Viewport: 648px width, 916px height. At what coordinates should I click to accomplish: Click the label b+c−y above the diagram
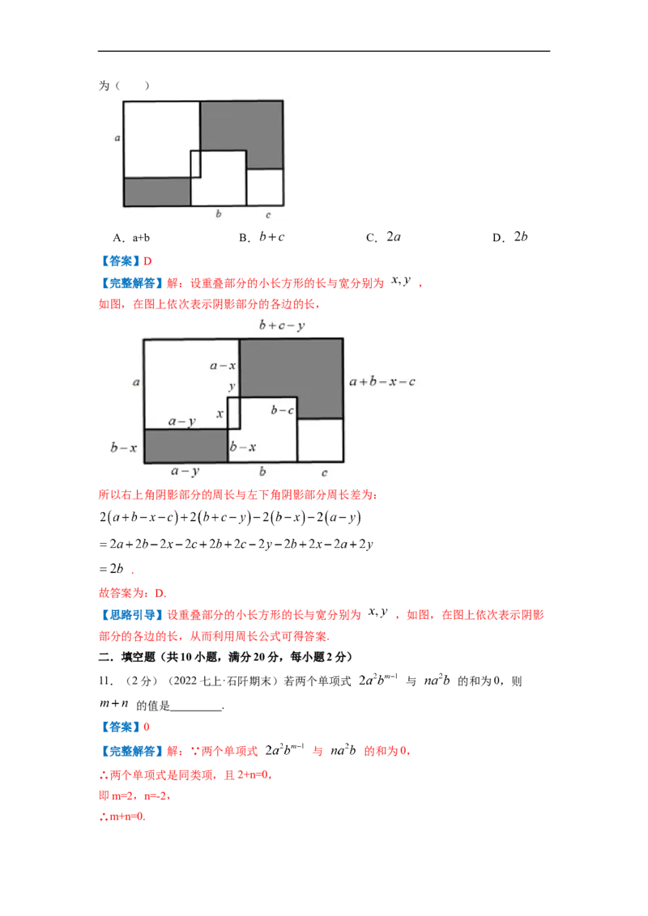click(282, 325)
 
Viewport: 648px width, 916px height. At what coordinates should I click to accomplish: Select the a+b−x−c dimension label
click(382, 381)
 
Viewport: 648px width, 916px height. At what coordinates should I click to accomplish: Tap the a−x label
click(223, 366)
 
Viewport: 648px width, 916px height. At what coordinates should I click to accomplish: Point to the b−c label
click(283, 410)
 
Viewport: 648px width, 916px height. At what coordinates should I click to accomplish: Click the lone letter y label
click(232, 387)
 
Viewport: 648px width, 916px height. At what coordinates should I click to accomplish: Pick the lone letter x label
click(220, 413)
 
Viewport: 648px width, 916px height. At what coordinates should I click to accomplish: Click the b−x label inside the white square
click(243, 447)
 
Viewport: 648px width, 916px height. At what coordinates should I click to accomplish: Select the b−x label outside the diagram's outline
click(124, 447)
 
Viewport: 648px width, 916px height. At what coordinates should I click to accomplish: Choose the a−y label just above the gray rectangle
click(181, 422)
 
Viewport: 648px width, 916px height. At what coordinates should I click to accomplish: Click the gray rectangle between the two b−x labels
click(185, 446)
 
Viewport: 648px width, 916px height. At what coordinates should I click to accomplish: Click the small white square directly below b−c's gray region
click(319, 440)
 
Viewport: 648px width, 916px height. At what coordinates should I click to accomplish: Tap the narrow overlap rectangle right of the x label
click(234, 413)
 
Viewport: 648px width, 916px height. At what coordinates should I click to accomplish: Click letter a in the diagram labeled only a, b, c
click(118, 138)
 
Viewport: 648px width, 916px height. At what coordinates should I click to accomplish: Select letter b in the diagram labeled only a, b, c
click(218, 214)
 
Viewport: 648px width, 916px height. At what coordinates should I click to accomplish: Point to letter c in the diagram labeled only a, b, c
click(268, 215)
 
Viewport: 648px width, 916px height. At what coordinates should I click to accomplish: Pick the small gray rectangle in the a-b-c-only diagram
click(157, 192)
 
